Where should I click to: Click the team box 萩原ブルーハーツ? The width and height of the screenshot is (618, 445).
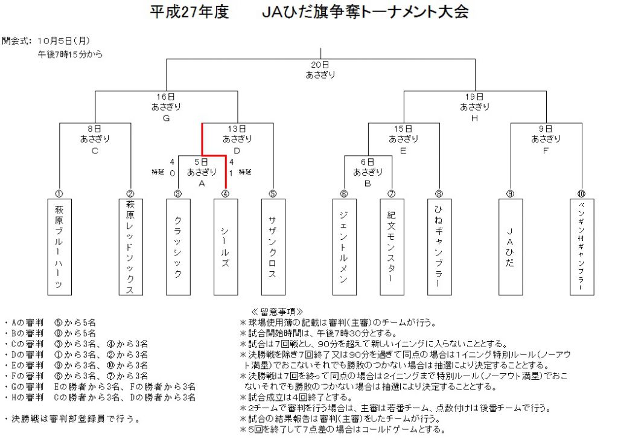tap(60, 247)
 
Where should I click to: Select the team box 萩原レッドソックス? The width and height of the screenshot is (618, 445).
tap(131, 247)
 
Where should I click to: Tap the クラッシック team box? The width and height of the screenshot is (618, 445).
tap(178, 247)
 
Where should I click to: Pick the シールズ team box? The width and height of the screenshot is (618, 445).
tap(226, 247)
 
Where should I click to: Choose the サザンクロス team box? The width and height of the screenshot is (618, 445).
tap(273, 247)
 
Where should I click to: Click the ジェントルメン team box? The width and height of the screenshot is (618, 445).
tap(345, 247)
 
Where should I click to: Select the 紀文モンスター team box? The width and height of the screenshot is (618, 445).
tap(392, 247)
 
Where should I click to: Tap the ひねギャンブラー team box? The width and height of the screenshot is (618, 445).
tap(439, 247)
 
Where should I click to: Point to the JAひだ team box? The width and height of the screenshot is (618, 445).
tap(511, 247)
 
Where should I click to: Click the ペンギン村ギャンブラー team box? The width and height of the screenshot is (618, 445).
tap(582, 247)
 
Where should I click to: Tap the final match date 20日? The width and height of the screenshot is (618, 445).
tap(320, 65)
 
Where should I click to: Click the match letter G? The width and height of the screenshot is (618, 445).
tap(167, 118)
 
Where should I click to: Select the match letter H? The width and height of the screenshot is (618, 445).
tap(474, 118)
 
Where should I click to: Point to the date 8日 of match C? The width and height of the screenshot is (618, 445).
tap(95, 129)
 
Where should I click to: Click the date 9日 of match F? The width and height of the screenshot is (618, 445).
tap(546, 129)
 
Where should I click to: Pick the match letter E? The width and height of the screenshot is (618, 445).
tap(403, 150)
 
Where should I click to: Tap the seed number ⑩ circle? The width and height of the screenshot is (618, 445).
tap(581, 194)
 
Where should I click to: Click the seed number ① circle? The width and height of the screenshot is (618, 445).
tap(59, 194)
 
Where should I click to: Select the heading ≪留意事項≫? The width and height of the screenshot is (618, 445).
tap(277, 312)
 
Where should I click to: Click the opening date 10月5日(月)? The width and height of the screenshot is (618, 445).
tap(64, 40)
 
